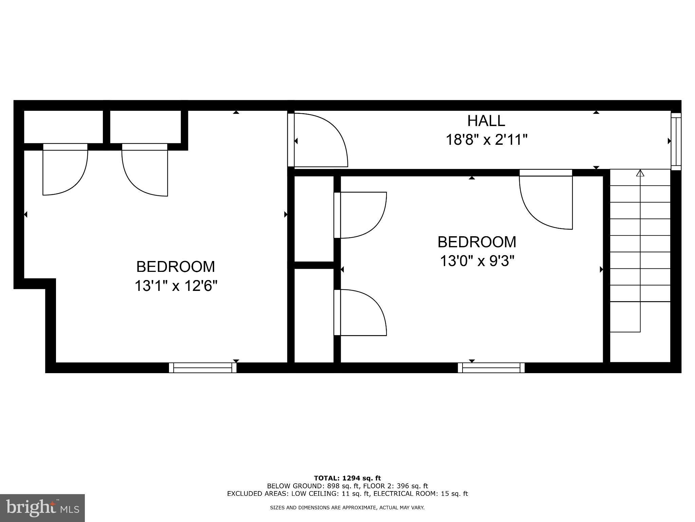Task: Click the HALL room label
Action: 486,121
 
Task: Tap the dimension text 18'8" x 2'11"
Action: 486,140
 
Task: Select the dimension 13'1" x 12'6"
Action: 175,286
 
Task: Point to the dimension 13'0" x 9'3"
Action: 477,261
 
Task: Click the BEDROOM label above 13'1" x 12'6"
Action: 175,267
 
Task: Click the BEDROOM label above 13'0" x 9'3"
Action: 477,242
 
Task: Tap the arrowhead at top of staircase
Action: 640,173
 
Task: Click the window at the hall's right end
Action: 676,141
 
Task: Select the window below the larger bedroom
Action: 203,368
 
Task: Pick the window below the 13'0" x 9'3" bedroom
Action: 491,368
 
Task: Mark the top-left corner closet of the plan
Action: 63,127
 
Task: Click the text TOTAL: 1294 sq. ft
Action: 347,478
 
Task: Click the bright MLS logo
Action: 42,508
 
